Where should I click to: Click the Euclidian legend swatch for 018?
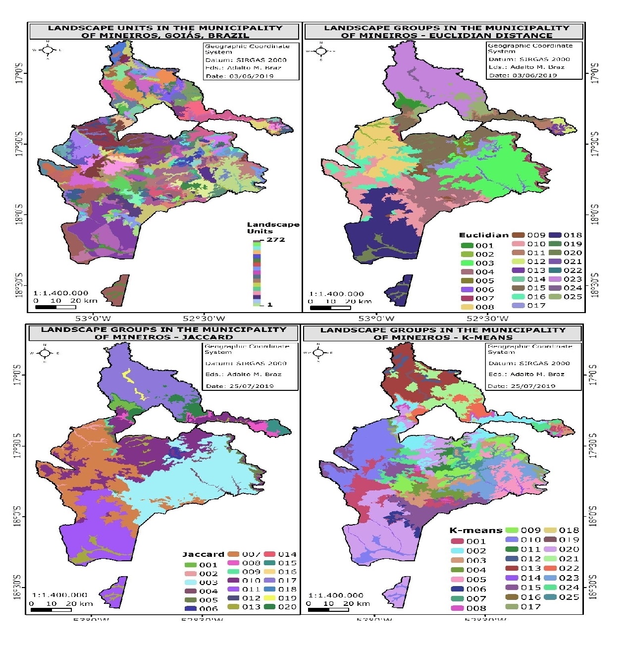[555, 235]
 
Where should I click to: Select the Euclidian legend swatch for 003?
[467, 263]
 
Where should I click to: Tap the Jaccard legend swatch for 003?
[191, 583]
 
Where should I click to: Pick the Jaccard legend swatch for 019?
[270, 598]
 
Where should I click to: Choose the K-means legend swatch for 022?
[551, 568]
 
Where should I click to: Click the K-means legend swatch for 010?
[512, 539]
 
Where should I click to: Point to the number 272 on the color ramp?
[276, 240]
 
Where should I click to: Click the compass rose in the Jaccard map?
[45, 353]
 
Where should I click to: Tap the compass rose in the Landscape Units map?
[48, 50]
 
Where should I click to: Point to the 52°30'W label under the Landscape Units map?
[204, 319]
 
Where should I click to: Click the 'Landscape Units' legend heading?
[273, 227]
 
